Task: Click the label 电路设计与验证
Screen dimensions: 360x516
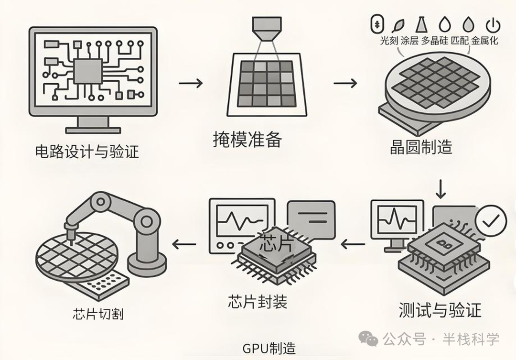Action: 87,153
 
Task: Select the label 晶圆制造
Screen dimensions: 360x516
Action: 420,147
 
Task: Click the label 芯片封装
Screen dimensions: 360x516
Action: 258,301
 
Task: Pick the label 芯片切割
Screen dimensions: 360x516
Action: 101,314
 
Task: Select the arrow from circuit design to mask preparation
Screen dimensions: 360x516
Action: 191,83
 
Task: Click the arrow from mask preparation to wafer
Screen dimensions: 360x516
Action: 345,83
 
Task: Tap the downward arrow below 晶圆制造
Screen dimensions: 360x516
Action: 441,188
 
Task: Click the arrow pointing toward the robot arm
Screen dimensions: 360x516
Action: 184,245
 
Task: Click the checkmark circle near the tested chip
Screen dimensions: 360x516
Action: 492,220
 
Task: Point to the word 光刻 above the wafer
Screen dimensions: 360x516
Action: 388,41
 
